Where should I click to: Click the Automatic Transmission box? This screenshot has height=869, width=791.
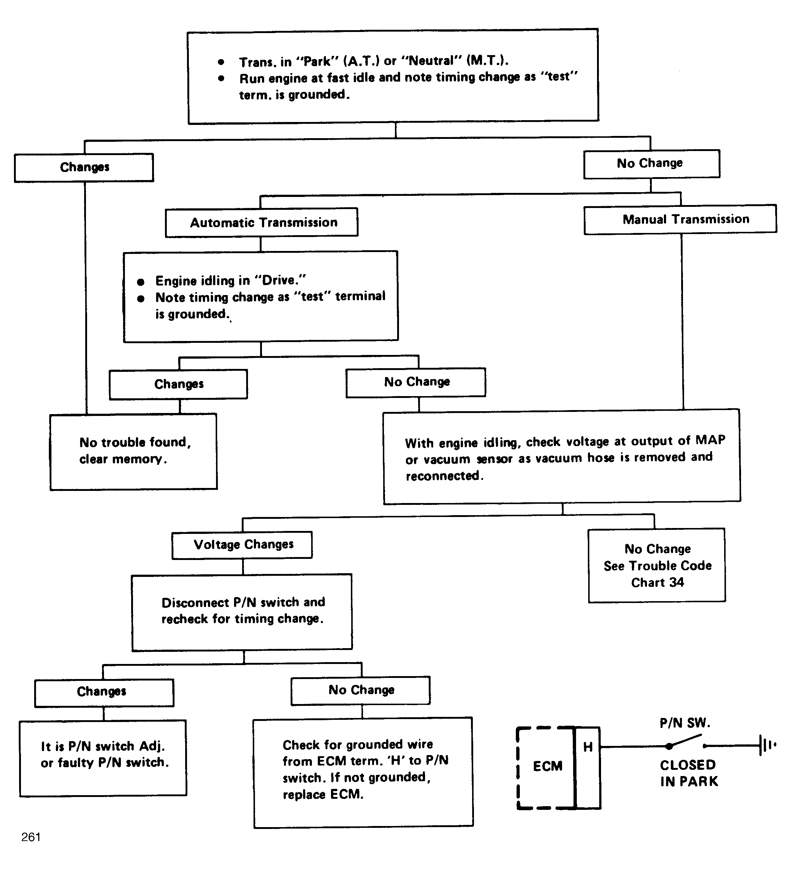(261, 222)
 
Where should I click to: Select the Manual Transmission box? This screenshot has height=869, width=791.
(680, 219)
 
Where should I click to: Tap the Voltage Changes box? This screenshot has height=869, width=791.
(242, 545)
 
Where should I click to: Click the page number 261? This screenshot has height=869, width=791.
(31, 837)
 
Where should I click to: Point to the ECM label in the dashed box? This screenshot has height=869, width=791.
(547, 766)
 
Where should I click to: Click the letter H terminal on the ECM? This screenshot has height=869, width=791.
(587, 747)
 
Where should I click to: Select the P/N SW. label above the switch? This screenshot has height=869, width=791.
(684, 723)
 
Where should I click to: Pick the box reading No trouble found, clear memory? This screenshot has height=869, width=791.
(134, 452)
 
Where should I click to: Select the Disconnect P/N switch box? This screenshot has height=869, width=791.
(242, 612)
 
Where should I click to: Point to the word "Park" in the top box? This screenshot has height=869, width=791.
(317, 61)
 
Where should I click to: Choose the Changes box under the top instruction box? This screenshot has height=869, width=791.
(84, 167)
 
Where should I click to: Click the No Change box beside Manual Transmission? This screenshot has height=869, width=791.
(651, 164)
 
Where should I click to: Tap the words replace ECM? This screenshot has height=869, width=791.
(323, 794)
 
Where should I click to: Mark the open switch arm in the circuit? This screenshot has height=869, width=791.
(686, 740)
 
